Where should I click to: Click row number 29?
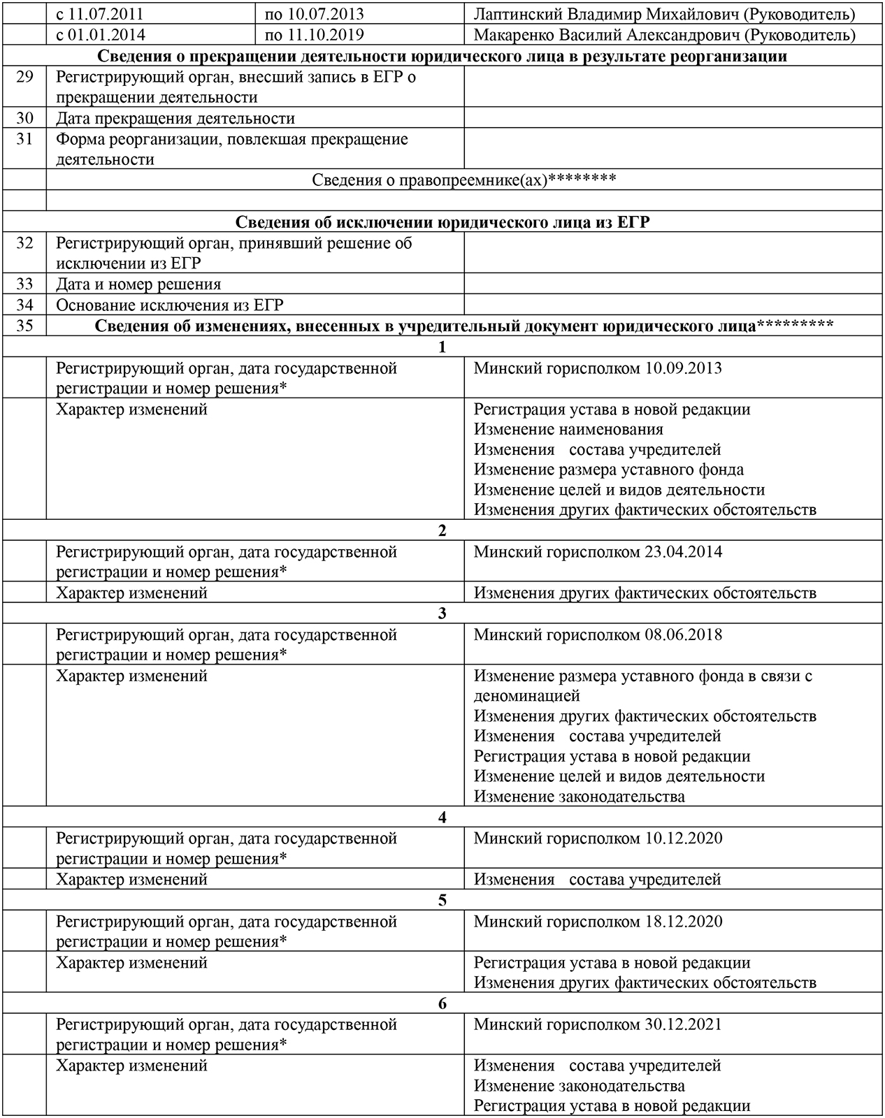click(24, 77)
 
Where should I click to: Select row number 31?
click(24, 139)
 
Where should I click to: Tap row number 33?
click(24, 284)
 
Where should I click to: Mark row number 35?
click(24, 326)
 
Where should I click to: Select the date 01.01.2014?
click(109, 35)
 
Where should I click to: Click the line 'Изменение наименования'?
click(568, 430)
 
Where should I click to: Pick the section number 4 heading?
click(442, 818)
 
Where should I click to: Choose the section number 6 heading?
click(442, 1004)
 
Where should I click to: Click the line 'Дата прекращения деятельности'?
click(175, 118)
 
